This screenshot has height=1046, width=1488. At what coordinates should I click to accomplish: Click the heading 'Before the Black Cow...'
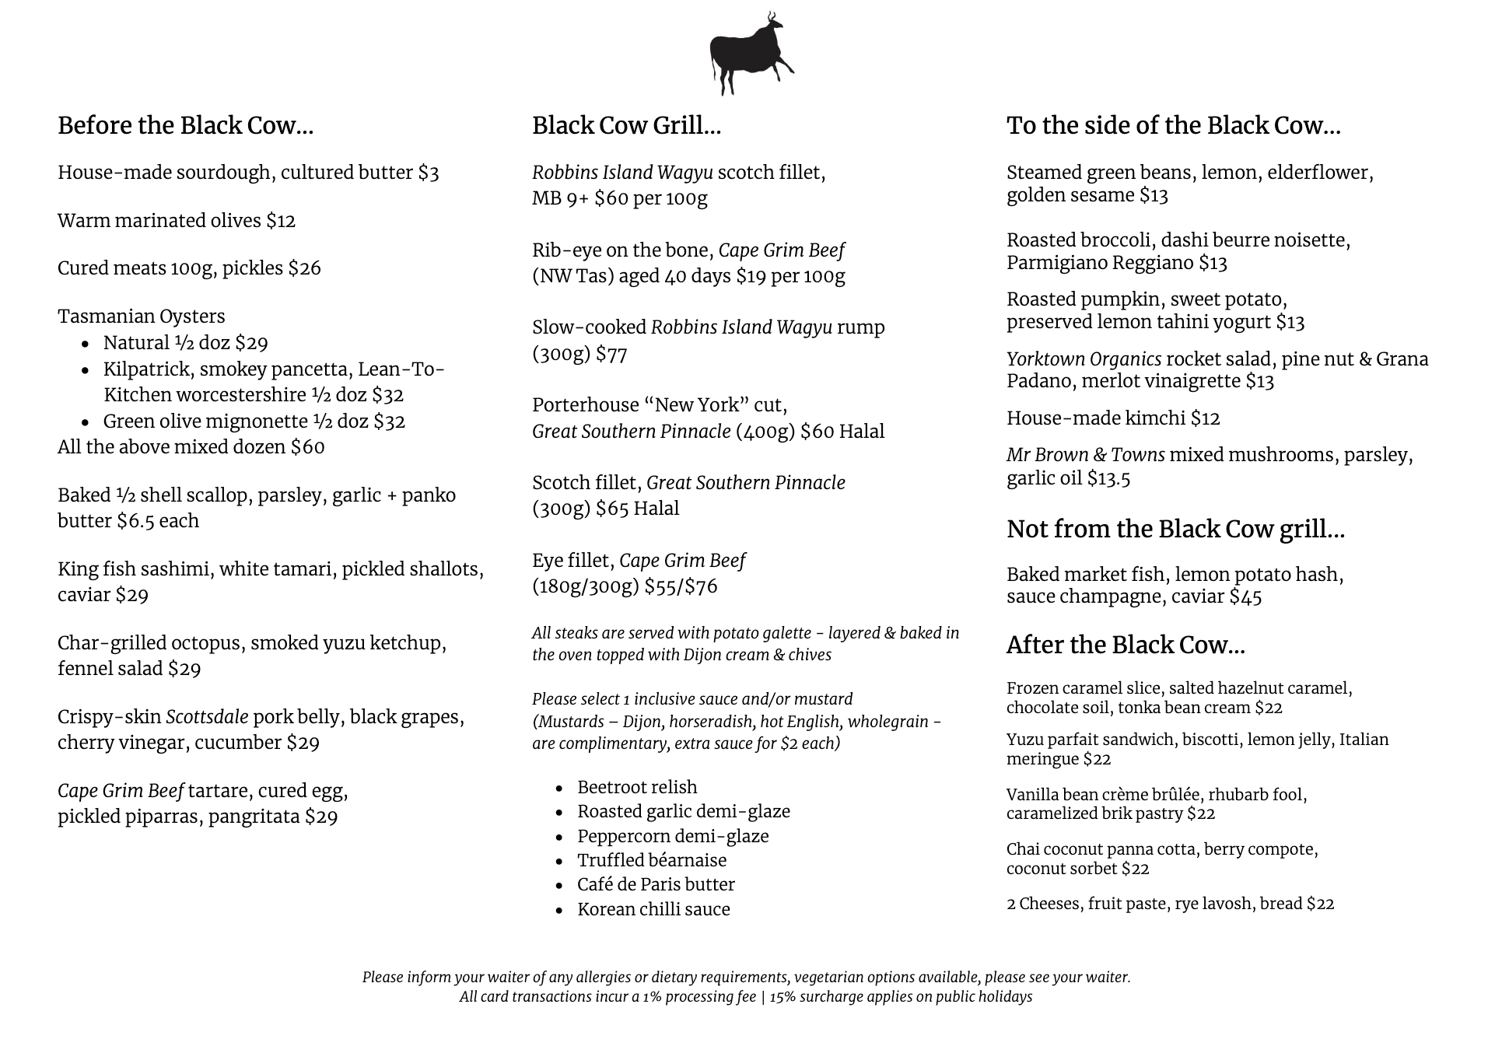point(185,125)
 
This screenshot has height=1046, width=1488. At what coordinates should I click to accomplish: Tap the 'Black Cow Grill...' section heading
point(626,125)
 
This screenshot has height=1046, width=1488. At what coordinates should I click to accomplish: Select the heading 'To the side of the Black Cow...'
point(1173,125)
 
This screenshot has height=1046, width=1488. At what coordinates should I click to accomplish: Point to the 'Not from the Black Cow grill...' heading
point(1175,529)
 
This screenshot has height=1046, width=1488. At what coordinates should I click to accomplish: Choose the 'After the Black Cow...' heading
point(1125,645)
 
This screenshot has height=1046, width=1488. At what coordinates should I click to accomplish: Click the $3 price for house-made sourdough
point(429,173)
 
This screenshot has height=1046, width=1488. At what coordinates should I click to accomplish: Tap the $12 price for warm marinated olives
point(281,221)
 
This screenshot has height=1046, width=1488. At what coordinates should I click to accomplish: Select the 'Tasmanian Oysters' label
point(142,317)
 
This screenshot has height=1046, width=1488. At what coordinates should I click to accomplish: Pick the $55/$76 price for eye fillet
point(681,586)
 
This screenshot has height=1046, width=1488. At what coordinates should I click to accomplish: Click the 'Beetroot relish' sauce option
point(637,787)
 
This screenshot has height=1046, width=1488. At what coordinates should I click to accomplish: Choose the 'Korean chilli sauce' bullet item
point(653,909)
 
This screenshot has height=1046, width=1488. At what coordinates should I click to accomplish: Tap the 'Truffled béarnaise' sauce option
point(652,860)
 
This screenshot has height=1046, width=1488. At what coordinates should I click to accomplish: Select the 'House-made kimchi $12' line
point(1112,418)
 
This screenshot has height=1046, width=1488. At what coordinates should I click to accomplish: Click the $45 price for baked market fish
point(1245,597)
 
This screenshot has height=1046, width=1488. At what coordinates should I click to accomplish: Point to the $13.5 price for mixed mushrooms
point(1108,478)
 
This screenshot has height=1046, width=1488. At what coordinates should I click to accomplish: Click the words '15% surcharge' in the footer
point(804,997)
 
